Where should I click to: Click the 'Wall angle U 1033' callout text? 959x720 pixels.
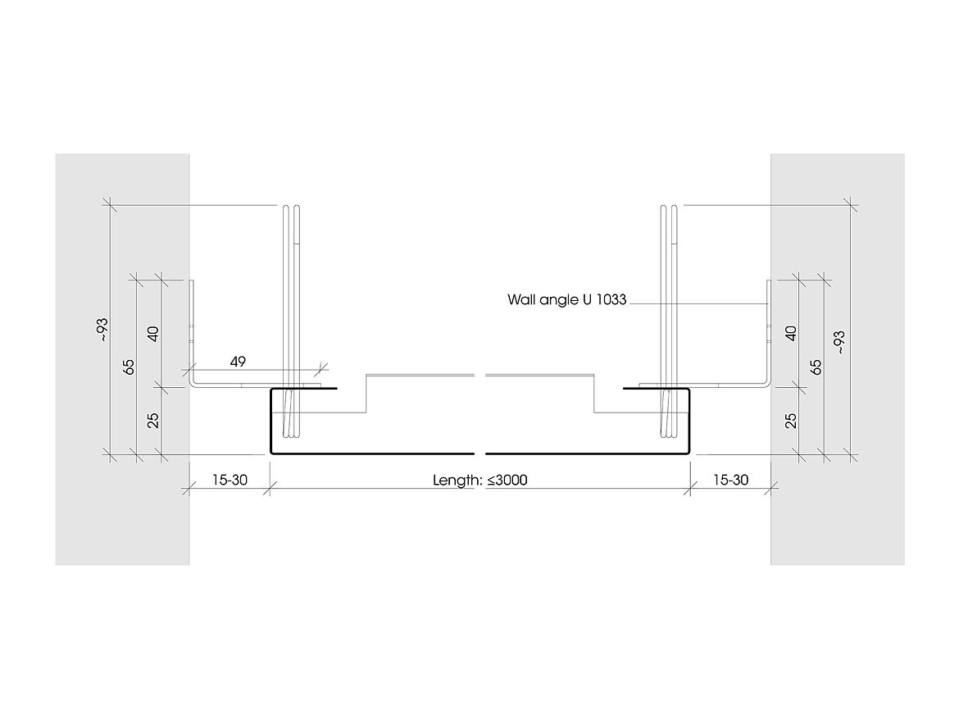[566, 300]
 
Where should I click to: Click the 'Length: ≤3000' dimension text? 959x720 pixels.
[479, 481]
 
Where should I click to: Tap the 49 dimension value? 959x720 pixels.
[239, 361]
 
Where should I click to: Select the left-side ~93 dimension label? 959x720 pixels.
[102, 329]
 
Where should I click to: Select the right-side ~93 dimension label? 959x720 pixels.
[839, 342]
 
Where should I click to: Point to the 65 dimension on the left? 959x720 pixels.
[129, 367]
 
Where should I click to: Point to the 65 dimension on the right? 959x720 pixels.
[815, 367]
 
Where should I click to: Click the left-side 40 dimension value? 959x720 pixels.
[153, 333]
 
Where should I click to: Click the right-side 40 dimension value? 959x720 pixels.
[791, 333]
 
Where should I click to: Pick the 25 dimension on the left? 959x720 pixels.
[153, 421]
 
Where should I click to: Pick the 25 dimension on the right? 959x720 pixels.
[791, 421]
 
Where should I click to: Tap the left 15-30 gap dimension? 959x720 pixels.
[229, 481]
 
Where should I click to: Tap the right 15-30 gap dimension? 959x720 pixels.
[730, 481]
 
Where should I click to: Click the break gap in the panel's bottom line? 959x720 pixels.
[480, 453]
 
